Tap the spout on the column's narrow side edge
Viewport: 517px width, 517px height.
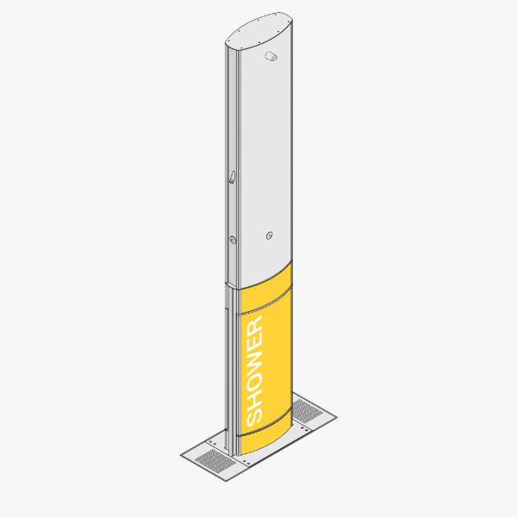tap(231, 178)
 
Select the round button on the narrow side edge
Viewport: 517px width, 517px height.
tap(233, 240)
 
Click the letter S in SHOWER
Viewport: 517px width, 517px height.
tap(255, 417)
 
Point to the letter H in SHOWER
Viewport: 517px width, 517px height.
tap(255, 398)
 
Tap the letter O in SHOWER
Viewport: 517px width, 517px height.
tap(255, 379)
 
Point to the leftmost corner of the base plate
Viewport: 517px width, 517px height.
tap(181, 454)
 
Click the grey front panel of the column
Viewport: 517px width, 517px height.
tap(267, 155)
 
